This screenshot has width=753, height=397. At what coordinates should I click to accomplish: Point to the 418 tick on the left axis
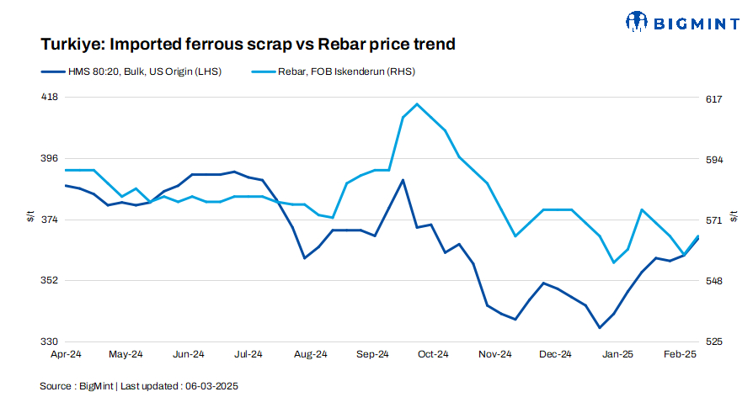click(50, 97)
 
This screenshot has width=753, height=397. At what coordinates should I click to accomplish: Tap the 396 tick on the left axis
click(50, 158)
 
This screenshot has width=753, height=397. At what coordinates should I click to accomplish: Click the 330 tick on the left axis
click(50, 341)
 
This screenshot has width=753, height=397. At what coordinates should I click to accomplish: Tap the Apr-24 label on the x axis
click(66, 355)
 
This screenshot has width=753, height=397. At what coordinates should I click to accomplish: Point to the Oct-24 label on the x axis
click(432, 355)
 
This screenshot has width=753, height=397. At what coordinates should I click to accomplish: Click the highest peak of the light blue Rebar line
click(418, 103)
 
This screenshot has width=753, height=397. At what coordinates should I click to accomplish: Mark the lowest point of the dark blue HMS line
click(600, 328)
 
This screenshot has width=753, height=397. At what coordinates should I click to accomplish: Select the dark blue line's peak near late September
click(403, 180)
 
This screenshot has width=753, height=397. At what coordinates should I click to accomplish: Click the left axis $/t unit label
click(30, 219)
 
